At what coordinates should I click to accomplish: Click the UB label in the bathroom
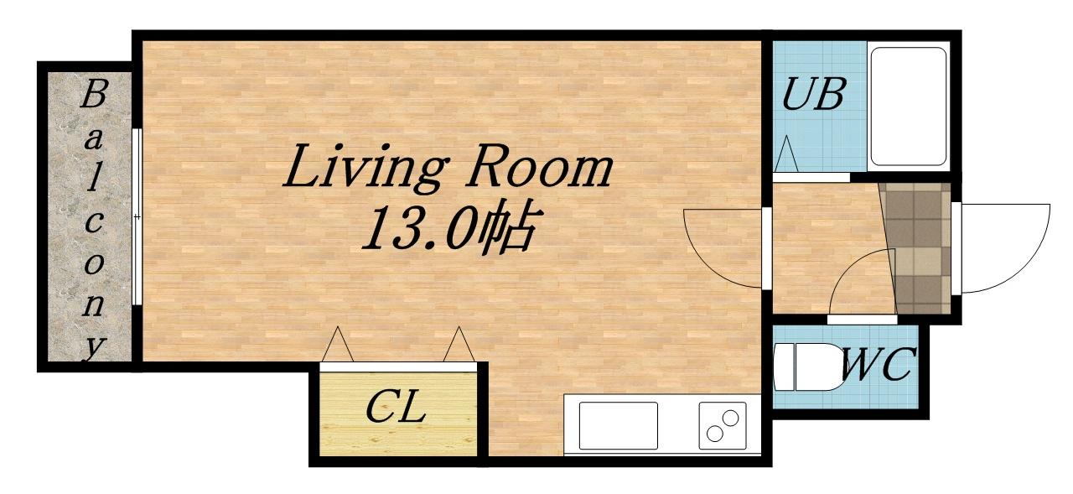click(x=812, y=95)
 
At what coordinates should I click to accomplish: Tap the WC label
click(x=878, y=364)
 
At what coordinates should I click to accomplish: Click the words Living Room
click(x=448, y=167)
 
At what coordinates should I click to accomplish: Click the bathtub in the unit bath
click(x=908, y=107)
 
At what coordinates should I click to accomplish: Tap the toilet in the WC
click(x=805, y=367)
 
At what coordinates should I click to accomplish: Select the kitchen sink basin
click(x=618, y=425)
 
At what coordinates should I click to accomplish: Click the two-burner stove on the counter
click(x=723, y=425)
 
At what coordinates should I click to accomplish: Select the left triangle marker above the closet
click(x=338, y=344)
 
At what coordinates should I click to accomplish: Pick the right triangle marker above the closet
click(x=459, y=344)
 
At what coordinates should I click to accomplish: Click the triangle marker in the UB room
click(x=785, y=153)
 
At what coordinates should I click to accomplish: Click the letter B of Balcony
click(x=93, y=95)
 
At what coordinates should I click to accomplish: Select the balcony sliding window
click(x=137, y=216)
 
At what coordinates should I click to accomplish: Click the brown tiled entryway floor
click(x=917, y=248)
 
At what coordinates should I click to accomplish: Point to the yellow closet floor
click(x=398, y=414)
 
